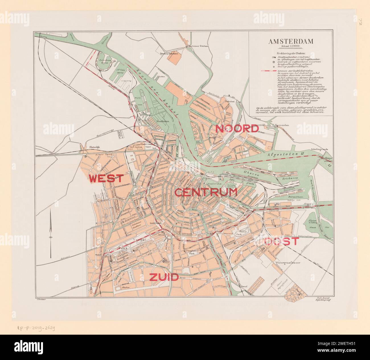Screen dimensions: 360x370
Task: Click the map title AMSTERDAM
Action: (x=291, y=41)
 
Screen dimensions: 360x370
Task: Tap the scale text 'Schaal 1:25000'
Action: (x=291, y=46)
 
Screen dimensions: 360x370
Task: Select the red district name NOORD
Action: (x=237, y=128)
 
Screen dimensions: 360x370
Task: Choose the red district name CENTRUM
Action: (x=206, y=193)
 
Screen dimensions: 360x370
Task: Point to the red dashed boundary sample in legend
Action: (x=268, y=70)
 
